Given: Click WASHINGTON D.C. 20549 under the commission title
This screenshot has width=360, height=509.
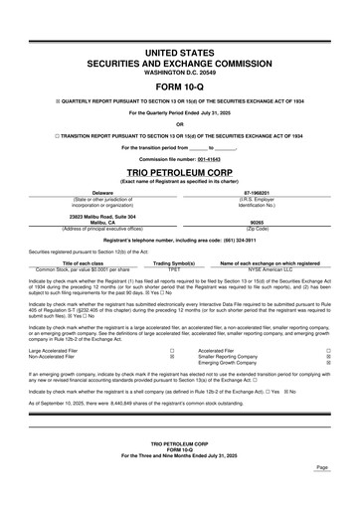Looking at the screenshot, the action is pyautogui.click(x=180, y=72).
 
